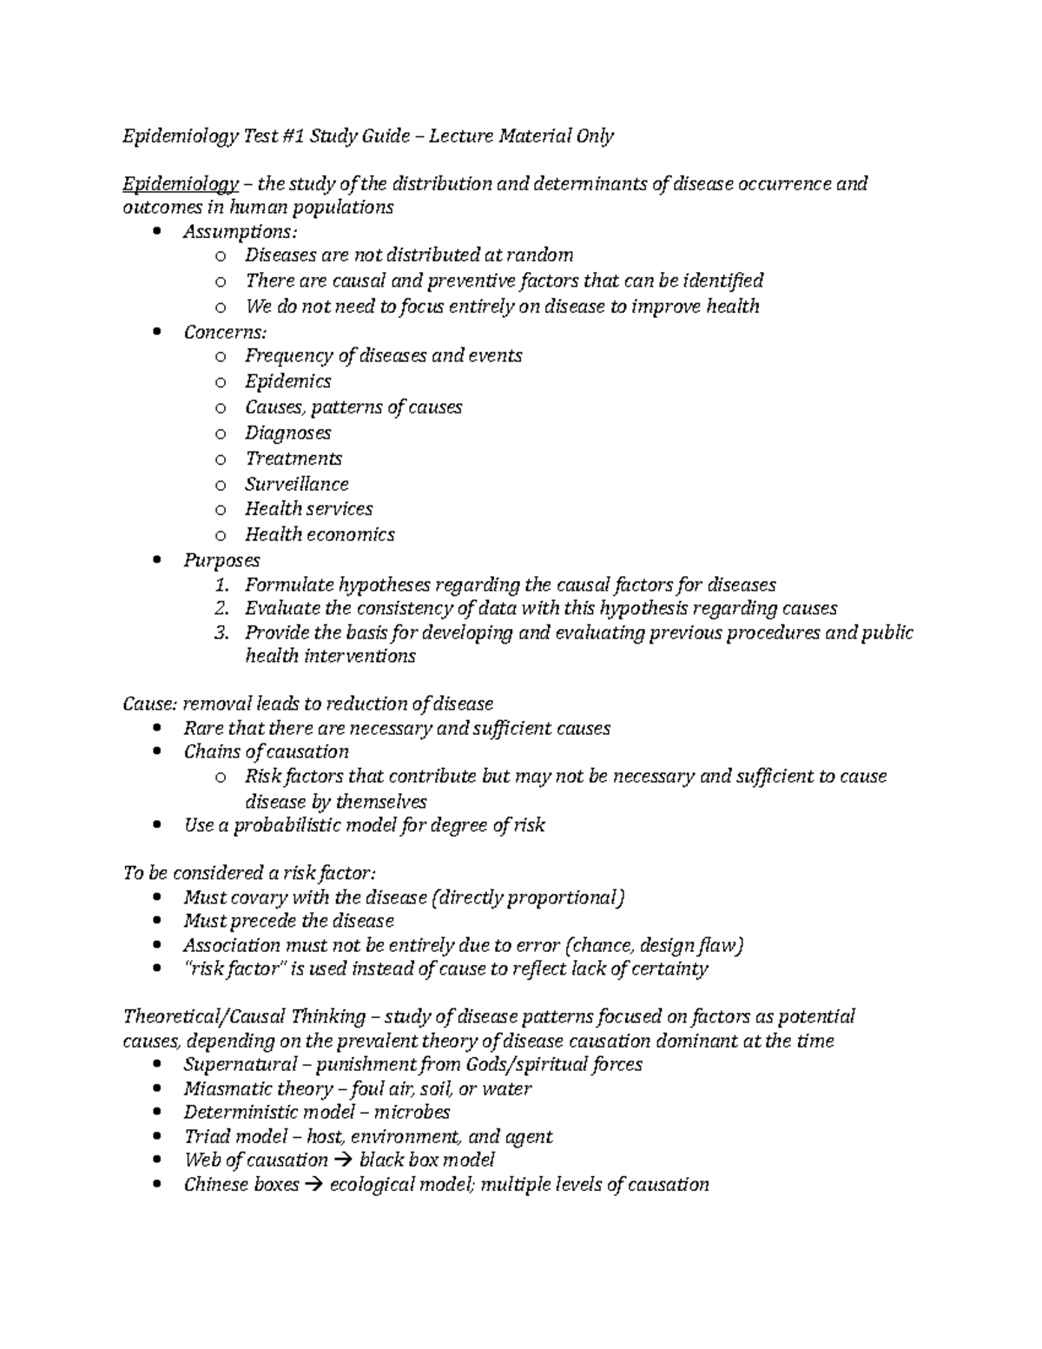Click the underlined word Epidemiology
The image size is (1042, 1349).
[x=181, y=184]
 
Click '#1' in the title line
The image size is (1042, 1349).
[x=292, y=136]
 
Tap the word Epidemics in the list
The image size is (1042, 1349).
[x=287, y=381]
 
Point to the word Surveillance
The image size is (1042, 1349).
[x=296, y=484]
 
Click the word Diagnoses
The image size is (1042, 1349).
[x=287, y=433]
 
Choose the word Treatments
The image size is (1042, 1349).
[x=293, y=458]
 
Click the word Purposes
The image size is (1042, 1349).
[x=221, y=560]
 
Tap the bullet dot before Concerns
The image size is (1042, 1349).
[x=156, y=332]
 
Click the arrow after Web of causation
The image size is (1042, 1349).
[x=343, y=1161]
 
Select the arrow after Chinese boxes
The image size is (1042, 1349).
[x=314, y=1185]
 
